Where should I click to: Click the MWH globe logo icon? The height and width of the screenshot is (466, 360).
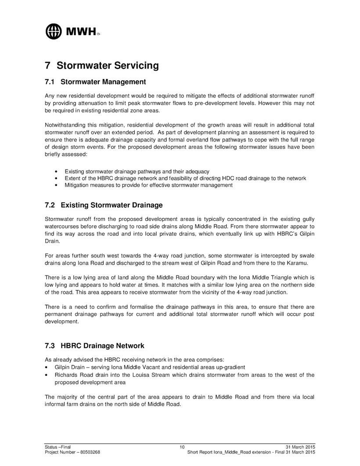pos(54,31)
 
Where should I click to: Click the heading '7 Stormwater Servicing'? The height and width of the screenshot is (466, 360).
pos(101,65)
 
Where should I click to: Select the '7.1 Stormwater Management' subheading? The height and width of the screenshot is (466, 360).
pos(95,82)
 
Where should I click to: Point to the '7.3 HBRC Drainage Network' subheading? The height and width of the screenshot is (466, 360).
pos(94,346)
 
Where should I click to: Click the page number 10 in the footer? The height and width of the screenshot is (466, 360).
pos(182,447)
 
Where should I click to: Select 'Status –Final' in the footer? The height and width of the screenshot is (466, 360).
pos(58,447)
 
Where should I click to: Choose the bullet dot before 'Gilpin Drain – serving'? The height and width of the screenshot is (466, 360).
pos(47,367)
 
